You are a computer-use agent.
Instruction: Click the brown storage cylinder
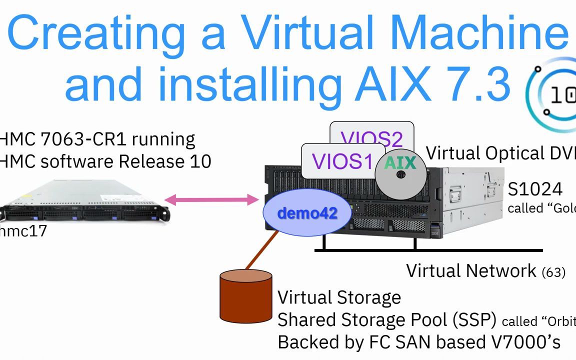(246, 296)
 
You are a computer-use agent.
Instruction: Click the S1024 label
(535, 189)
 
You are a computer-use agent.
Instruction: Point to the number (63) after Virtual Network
(553, 272)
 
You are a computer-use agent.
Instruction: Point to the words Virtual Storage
(339, 297)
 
